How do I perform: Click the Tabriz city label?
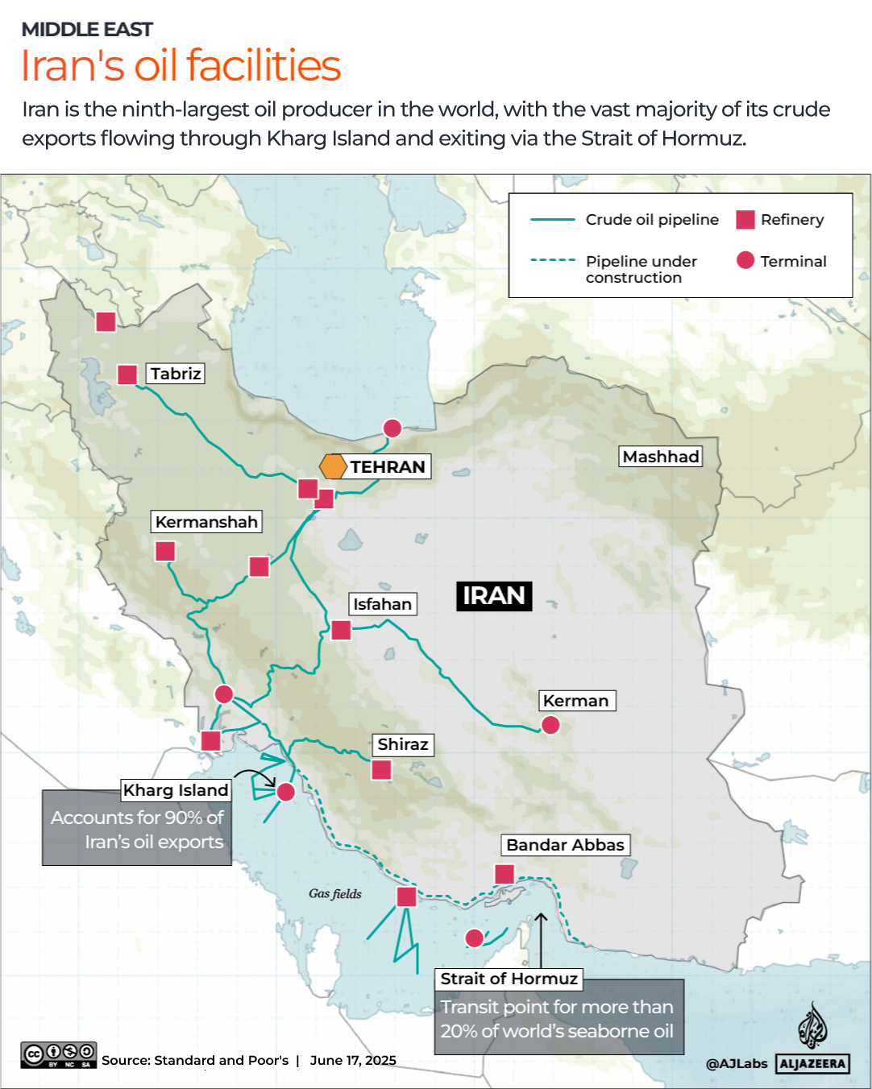tap(176, 374)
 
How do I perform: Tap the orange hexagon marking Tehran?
tap(333, 466)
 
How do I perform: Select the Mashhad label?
tap(661, 457)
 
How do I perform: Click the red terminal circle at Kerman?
tap(550, 725)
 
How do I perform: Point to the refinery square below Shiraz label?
tap(381, 769)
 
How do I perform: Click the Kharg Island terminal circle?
tap(285, 792)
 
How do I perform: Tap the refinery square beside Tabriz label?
tap(127, 375)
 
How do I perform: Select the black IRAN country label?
tap(494, 596)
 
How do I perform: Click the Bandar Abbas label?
tap(565, 845)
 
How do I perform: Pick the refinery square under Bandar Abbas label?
tap(505, 874)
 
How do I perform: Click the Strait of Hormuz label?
tap(509, 979)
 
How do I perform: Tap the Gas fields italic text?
tap(335, 893)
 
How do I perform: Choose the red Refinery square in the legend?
tap(745, 220)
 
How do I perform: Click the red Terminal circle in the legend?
tap(745, 260)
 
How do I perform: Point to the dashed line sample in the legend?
tap(553, 260)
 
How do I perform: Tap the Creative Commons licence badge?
tap(59, 1054)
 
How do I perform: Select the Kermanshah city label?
tap(206, 522)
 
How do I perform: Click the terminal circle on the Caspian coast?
tap(392, 428)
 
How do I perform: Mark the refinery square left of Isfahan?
tap(341, 630)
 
